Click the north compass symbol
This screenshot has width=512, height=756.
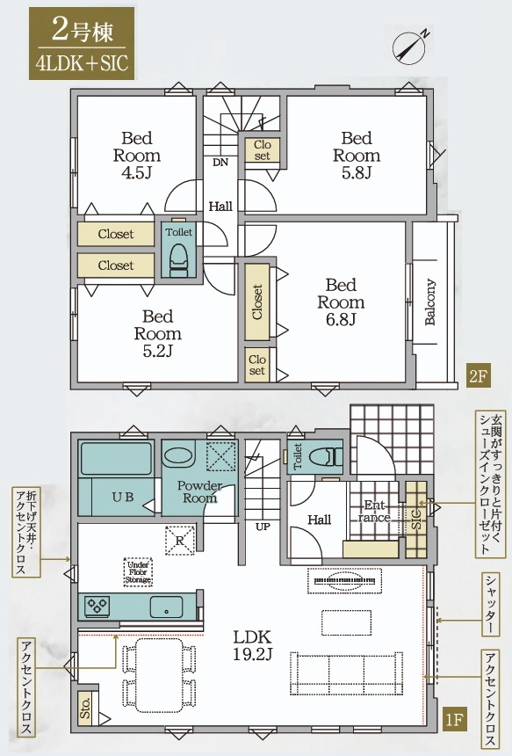click(x=410, y=47)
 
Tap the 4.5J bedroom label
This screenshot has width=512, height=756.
click(x=137, y=156)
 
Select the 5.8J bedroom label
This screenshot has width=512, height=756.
click(x=357, y=156)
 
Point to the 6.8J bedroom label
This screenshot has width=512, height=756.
click(x=341, y=302)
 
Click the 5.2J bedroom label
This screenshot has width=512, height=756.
click(x=157, y=334)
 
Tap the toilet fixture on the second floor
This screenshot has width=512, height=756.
click(x=177, y=259)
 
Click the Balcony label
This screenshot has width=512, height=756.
click(x=429, y=302)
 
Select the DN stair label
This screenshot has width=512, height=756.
click(x=220, y=163)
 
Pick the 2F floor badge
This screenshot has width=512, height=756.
click(x=479, y=376)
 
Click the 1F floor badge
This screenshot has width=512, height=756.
click(x=454, y=720)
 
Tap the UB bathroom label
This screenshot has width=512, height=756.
click(x=123, y=497)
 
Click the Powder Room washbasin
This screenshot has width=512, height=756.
click(x=177, y=455)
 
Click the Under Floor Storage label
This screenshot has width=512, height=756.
click(x=138, y=572)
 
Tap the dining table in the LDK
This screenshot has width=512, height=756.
click(x=160, y=675)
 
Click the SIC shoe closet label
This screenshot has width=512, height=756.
click(x=417, y=520)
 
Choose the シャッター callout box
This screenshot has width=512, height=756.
click(x=491, y=604)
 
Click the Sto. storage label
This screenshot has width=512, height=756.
click(x=85, y=709)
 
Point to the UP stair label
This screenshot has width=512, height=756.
click(x=263, y=527)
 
